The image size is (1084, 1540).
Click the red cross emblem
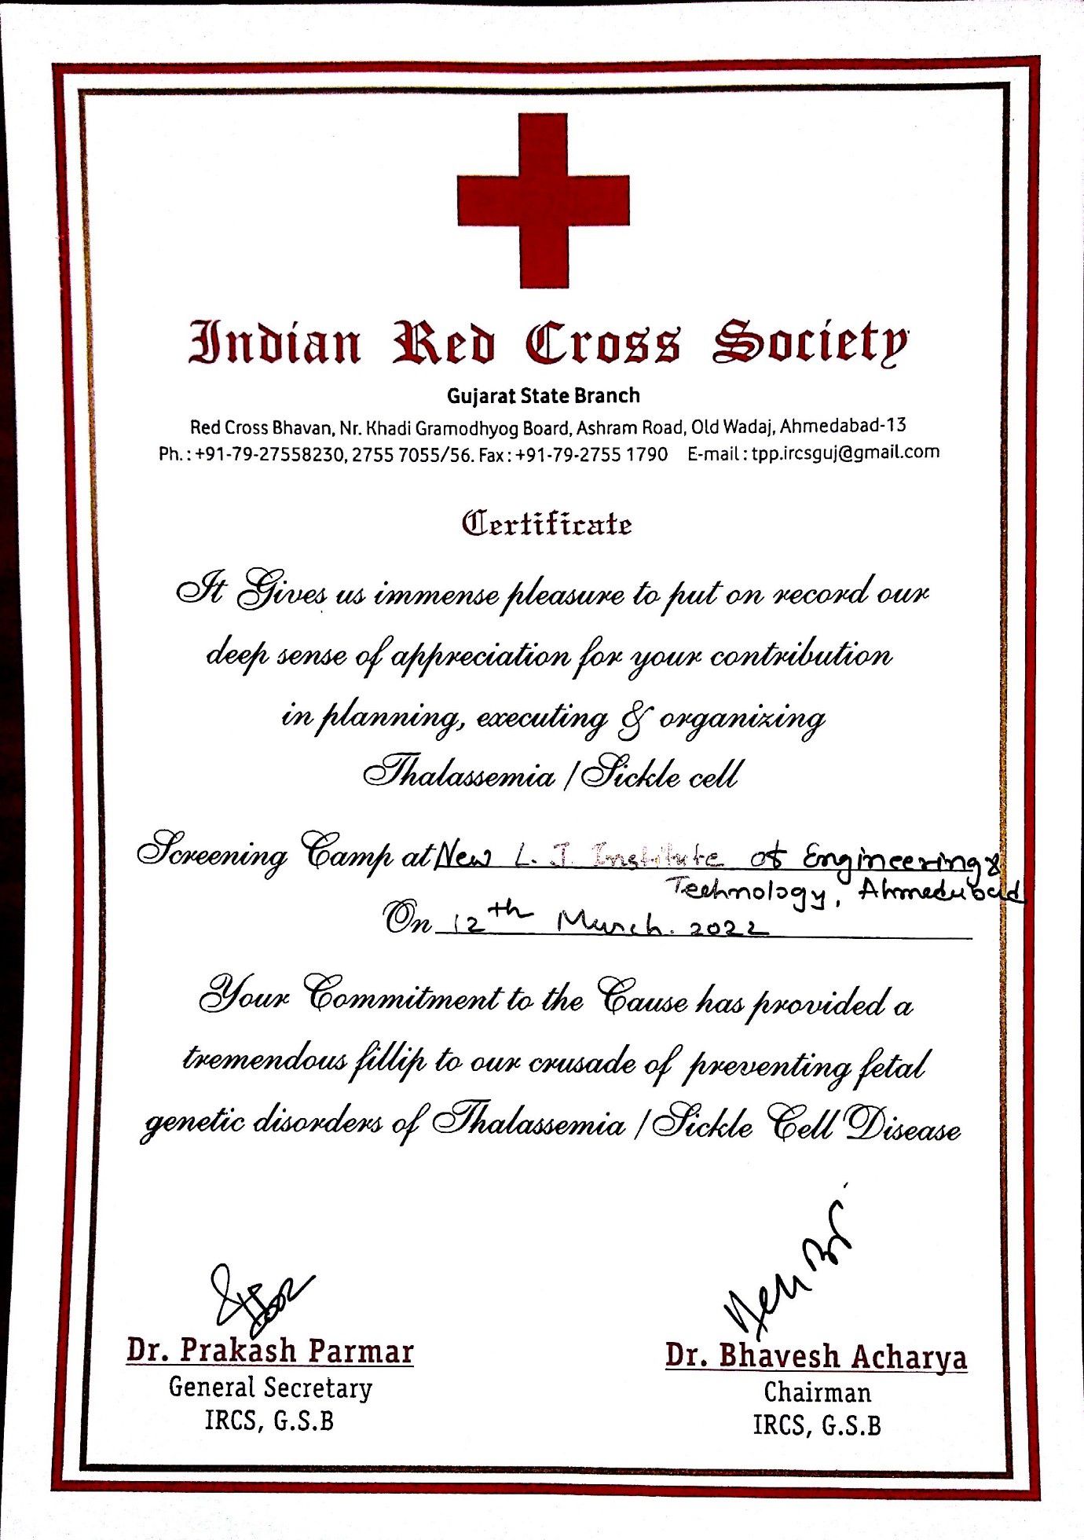[x=543, y=200]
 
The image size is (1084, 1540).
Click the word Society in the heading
[x=810, y=343]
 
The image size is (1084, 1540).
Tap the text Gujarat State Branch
[x=543, y=395]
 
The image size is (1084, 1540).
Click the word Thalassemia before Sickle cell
[x=460, y=775]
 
